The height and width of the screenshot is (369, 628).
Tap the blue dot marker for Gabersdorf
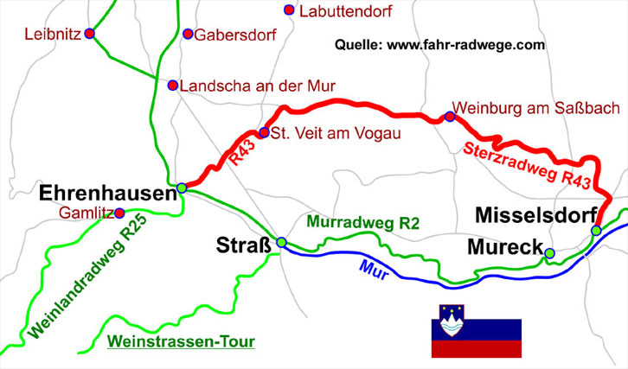tap(188, 35)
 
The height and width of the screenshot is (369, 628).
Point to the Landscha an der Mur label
tap(257, 86)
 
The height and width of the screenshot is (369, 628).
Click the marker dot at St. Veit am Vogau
tap(265, 133)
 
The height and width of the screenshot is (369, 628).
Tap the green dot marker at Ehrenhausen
tap(182, 188)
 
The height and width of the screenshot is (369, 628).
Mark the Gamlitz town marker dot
tap(119, 213)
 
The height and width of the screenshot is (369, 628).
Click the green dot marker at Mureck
tap(549, 252)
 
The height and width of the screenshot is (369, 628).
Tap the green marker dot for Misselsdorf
tap(595, 230)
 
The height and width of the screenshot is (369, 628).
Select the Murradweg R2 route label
tap(364, 223)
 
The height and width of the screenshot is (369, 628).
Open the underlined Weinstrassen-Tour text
tap(181, 342)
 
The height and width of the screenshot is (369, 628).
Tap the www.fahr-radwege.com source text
tap(439, 44)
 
